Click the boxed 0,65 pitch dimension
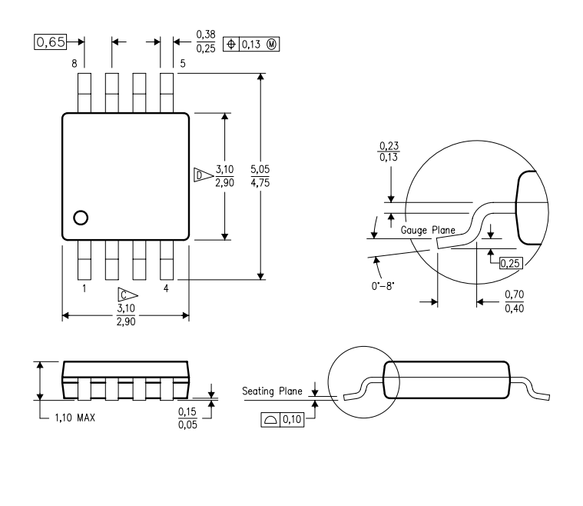(51, 42)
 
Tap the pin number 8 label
(75, 63)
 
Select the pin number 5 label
(182, 63)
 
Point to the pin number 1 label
(83, 289)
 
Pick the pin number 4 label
(165, 289)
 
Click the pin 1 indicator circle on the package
(81, 218)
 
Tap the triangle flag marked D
(201, 175)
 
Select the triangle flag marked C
(128, 294)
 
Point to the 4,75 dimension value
(260, 182)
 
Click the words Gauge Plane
(426, 229)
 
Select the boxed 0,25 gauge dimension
(508, 264)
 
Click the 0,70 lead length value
(514, 295)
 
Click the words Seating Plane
(273, 391)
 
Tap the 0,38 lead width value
(205, 35)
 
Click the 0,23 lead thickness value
(390, 145)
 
